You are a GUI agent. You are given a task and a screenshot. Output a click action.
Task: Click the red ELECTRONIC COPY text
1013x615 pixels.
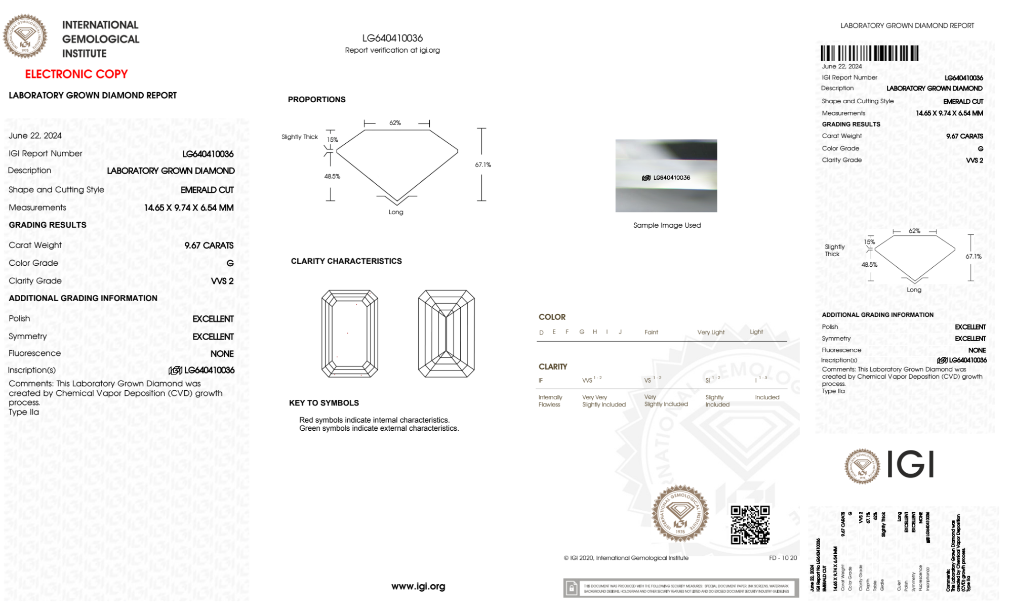[x=76, y=74]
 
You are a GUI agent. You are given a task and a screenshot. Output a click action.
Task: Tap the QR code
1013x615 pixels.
[x=750, y=525]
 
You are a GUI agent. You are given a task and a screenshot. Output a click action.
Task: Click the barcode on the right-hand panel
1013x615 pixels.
[x=869, y=53]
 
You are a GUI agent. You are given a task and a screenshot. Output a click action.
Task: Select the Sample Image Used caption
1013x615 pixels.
[x=667, y=225]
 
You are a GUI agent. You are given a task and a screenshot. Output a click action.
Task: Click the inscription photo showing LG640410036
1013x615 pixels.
[x=666, y=176]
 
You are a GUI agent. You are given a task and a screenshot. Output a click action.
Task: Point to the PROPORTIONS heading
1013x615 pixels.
[x=316, y=100]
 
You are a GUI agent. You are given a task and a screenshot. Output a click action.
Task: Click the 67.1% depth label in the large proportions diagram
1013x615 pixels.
[x=483, y=165]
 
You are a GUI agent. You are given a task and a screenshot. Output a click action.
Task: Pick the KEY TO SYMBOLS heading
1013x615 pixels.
[x=324, y=403]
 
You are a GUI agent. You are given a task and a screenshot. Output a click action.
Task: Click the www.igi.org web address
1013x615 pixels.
[x=418, y=586]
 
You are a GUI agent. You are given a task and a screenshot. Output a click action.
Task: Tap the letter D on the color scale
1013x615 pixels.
[x=541, y=333]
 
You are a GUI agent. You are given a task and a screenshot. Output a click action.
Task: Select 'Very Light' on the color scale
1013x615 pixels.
[x=711, y=333]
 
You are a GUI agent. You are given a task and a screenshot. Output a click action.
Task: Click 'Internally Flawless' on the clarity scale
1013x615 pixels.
[x=549, y=401]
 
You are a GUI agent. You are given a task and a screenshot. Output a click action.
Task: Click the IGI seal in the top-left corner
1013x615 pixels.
[x=25, y=36]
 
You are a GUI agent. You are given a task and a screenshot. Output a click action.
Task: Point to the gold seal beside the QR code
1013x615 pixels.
[x=680, y=514]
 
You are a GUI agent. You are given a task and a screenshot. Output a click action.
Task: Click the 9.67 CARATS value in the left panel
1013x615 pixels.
[x=209, y=245]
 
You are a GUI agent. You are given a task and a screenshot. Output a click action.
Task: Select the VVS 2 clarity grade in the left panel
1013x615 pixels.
[x=222, y=281]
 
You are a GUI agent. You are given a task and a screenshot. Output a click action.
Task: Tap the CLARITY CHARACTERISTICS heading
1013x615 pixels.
[x=346, y=261]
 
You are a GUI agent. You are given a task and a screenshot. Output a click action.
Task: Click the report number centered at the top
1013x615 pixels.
[x=392, y=38]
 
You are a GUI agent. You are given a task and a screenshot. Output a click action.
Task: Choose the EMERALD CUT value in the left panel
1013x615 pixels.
[x=207, y=190]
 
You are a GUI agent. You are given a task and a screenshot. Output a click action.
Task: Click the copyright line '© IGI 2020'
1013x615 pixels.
[x=626, y=558]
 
